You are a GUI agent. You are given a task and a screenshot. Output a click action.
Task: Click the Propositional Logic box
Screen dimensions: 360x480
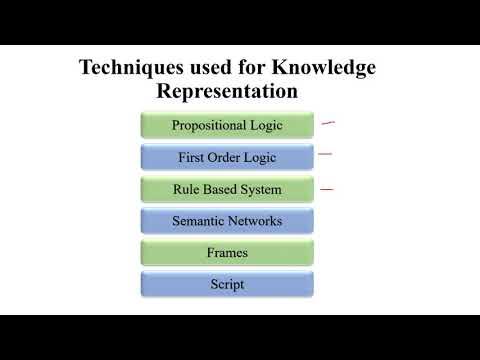tap(227, 126)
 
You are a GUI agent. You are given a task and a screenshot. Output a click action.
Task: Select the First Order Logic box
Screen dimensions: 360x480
tap(227, 158)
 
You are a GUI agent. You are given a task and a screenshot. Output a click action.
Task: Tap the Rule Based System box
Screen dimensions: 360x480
tap(227, 189)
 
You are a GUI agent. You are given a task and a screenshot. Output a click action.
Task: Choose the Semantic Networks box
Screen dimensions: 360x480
tap(227, 221)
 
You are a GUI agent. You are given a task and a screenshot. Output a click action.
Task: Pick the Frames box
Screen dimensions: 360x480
tap(227, 253)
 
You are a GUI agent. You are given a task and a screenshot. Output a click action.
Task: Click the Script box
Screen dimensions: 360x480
tap(227, 284)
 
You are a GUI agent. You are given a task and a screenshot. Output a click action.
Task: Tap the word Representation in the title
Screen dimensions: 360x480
tap(227, 92)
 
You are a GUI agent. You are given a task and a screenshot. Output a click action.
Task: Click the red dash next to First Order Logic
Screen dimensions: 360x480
tap(323, 154)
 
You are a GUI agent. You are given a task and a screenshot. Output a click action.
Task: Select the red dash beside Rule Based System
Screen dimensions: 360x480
tap(326, 188)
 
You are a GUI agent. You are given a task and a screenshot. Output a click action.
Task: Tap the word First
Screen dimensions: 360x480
tap(193, 158)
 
